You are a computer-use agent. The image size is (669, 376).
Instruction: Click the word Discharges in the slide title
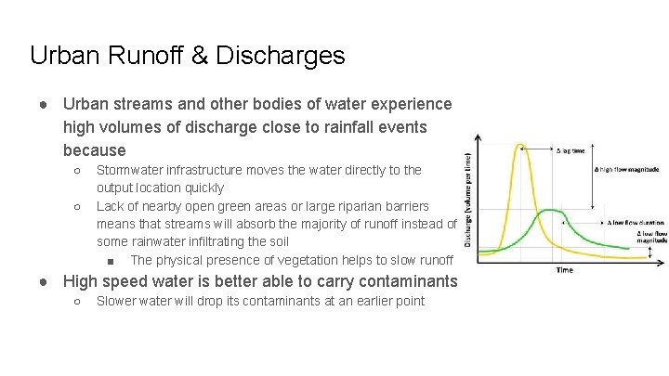pyautogui.click(x=281, y=56)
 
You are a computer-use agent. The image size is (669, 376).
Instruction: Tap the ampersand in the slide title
pyautogui.click(x=201, y=56)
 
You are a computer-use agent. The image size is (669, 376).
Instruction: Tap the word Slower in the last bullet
pyautogui.click(x=118, y=301)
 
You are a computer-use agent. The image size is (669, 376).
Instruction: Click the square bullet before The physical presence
pyautogui.click(x=111, y=261)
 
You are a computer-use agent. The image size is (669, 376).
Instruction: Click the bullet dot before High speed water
pyautogui.click(x=44, y=281)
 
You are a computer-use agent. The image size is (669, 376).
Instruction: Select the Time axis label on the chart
pyautogui.click(x=564, y=269)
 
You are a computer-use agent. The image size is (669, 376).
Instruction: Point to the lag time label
pyautogui.click(x=570, y=149)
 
